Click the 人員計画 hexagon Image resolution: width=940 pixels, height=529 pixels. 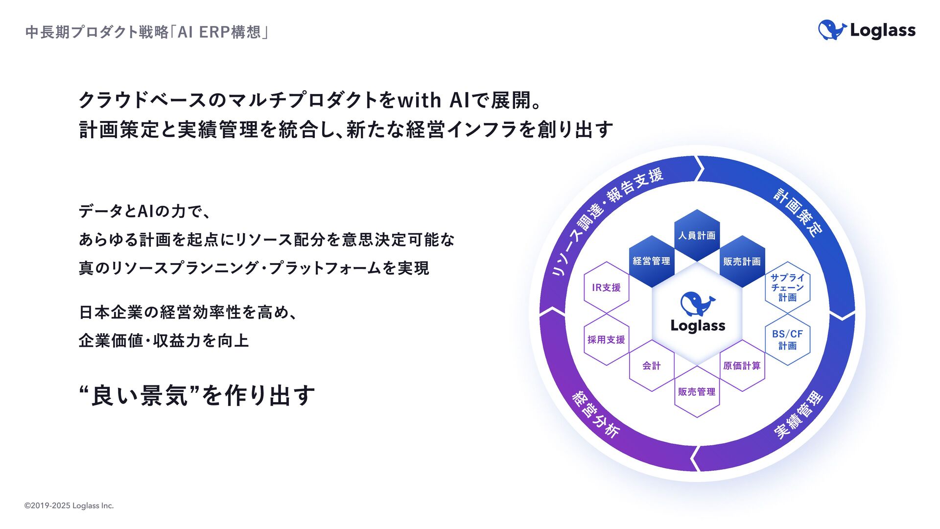tap(697, 236)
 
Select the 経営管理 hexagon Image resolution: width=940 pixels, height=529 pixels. tap(652, 262)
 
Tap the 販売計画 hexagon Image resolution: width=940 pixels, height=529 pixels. tap(742, 262)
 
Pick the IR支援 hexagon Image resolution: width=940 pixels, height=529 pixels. tap(607, 288)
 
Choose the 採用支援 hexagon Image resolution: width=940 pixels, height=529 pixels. tap(607, 339)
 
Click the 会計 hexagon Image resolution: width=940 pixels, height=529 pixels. tap(652, 365)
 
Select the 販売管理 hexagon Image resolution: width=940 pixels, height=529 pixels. tap(697, 391)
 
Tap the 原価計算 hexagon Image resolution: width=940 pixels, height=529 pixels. tap(742, 365)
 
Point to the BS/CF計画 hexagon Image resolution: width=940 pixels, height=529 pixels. tap(787, 339)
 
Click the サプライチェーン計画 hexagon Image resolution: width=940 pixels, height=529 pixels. tap(787, 288)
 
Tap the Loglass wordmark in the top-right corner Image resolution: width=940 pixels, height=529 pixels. tap(882, 30)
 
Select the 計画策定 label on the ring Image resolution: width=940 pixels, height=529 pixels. tap(799, 212)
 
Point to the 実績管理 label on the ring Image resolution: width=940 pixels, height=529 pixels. tap(799, 414)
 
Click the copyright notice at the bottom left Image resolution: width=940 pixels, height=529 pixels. tap(69, 505)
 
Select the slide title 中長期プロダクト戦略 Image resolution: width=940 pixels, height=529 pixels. tap(97, 32)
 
